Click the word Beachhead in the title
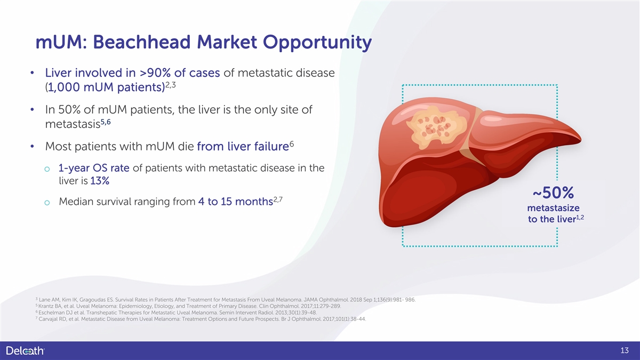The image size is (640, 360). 142,42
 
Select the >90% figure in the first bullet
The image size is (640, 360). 155,73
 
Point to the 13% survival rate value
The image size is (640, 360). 100,181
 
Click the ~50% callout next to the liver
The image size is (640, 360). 553,193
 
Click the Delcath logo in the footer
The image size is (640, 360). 25,350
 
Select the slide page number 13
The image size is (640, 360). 625,350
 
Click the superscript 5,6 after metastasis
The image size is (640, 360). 106,122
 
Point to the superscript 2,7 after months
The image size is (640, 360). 278,199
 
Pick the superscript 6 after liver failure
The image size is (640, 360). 292,143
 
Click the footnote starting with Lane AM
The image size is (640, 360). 226,300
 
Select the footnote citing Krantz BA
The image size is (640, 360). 188,306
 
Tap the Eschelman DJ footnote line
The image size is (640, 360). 176,313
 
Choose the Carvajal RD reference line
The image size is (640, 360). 201,319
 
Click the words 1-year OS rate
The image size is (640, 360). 94,168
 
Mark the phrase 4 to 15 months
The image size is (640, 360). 235,202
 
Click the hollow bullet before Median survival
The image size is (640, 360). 47,203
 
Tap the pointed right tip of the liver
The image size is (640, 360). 581,140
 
